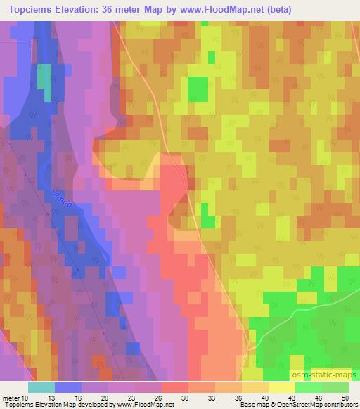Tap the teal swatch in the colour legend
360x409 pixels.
(x=41, y=387)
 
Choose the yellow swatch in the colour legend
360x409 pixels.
(x=282, y=387)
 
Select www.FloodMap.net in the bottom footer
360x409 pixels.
(x=145, y=405)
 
